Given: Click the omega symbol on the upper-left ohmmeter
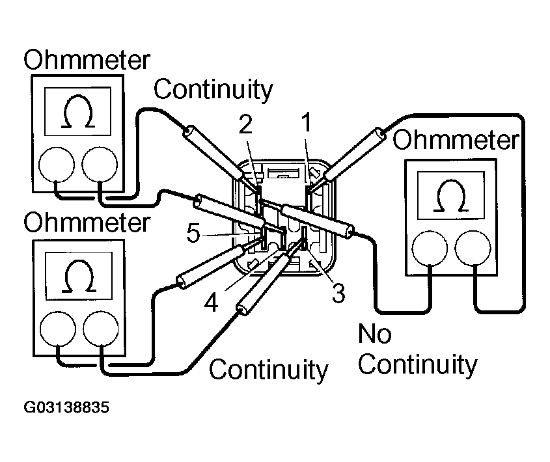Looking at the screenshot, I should pyautogui.click(x=77, y=115).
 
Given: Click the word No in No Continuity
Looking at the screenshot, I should pyautogui.click(x=374, y=334).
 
